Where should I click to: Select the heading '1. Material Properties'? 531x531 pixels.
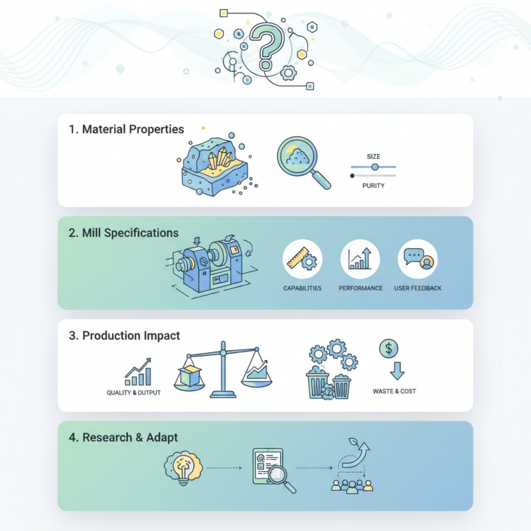point(126,129)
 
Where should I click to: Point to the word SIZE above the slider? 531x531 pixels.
point(374,157)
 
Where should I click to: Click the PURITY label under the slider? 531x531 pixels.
point(373,186)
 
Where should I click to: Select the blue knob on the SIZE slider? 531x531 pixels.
point(375,167)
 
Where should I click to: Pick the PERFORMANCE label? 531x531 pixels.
point(360,288)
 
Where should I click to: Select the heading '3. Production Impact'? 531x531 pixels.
point(124,336)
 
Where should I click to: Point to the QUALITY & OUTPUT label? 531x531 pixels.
point(133,392)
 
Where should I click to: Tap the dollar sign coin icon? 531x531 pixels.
point(388,348)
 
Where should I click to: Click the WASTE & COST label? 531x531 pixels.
point(394,391)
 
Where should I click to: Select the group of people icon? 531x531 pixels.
point(352,485)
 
